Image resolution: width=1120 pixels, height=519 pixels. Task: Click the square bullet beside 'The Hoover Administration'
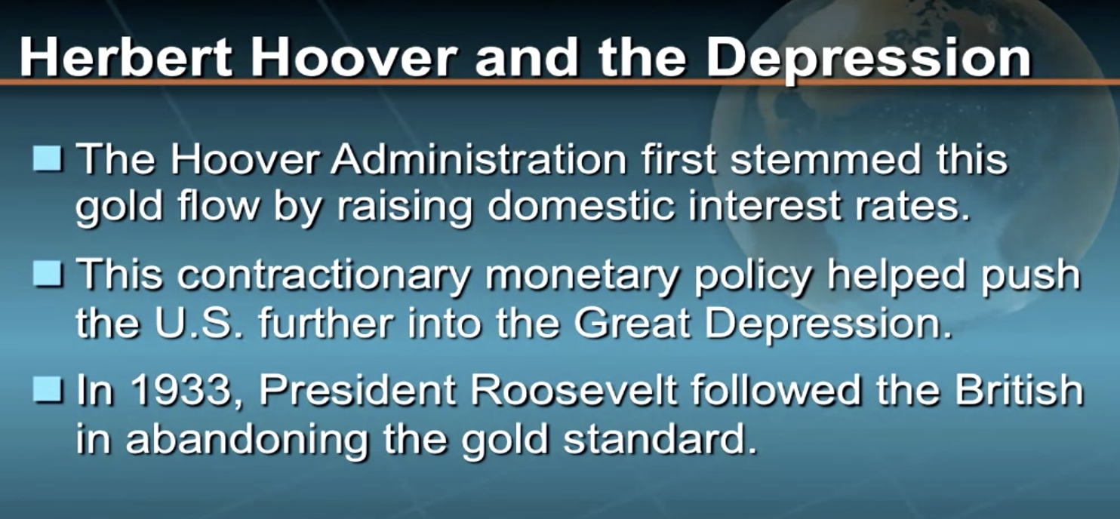click(x=48, y=158)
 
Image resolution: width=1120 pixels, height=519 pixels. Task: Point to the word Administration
click(x=478, y=159)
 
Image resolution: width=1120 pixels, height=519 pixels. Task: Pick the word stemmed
click(x=825, y=159)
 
